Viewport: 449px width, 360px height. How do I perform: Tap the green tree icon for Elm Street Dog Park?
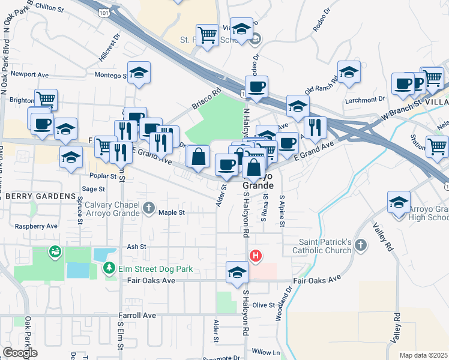coord(109,268)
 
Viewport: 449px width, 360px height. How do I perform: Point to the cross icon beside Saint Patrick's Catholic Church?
coord(360,245)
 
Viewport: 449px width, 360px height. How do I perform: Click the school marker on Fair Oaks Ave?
coord(237,272)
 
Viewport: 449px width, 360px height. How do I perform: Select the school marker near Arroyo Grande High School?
coord(399,202)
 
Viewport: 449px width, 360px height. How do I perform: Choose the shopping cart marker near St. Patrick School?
coord(207,34)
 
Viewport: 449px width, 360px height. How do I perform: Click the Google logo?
coord(20,352)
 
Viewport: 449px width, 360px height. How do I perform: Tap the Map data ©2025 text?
coord(423,355)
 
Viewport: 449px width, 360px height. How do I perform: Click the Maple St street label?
coord(171,212)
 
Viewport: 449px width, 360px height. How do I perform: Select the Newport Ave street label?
coord(29,75)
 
